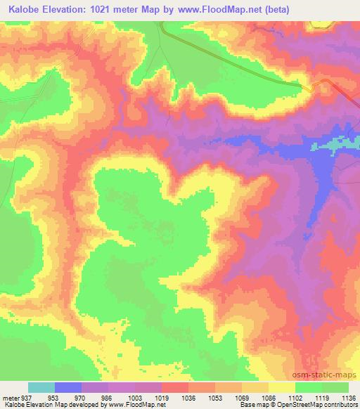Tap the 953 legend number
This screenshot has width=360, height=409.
tap(54, 396)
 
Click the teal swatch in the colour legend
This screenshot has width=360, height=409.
tap(41, 387)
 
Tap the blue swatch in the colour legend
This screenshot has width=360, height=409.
tap(68, 387)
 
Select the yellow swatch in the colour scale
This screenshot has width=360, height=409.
tap(281, 387)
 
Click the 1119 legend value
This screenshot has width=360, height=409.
tap(321, 396)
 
